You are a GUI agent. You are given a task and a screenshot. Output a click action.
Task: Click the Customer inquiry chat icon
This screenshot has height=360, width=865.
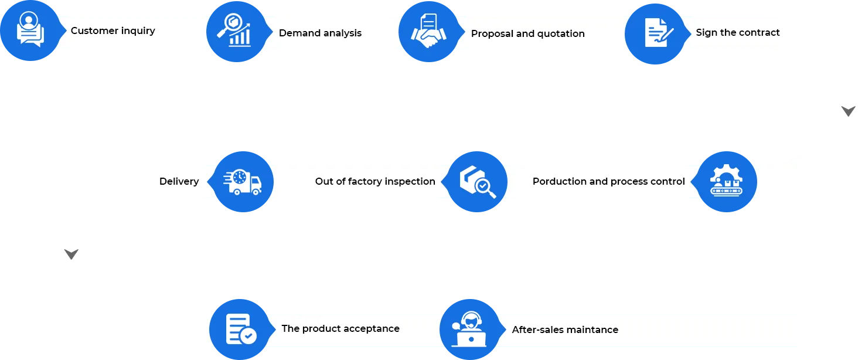click(30, 29)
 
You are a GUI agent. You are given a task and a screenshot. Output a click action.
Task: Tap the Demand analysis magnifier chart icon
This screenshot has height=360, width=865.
click(234, 30)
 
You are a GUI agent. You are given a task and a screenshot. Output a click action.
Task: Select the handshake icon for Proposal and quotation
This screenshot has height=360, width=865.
click(428, 31)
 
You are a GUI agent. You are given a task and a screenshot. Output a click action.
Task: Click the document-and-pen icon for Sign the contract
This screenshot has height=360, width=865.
click(659, 33)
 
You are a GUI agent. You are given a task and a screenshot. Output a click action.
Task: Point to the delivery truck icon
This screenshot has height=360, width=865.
click(243, 182)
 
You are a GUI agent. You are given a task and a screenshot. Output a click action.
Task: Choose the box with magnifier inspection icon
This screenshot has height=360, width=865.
click(478, 182)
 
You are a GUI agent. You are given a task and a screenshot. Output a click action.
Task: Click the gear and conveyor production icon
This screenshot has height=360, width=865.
click(726, 181)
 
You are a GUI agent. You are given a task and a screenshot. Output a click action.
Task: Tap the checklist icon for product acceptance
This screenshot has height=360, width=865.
click(241, 329)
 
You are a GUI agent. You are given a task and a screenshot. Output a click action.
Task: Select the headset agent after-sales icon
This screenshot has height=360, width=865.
click(469, 329)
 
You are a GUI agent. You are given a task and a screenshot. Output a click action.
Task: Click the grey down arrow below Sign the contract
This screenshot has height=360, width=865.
click(848, 111)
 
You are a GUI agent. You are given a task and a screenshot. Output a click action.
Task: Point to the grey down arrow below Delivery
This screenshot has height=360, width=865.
click(71, 254)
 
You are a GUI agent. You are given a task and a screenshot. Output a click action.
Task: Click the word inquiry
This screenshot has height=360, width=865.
click(138, 31)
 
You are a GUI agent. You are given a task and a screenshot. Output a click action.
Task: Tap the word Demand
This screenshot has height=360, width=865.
click(299, 33)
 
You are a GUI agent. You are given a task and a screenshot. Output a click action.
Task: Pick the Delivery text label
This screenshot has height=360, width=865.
click(179, 182)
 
